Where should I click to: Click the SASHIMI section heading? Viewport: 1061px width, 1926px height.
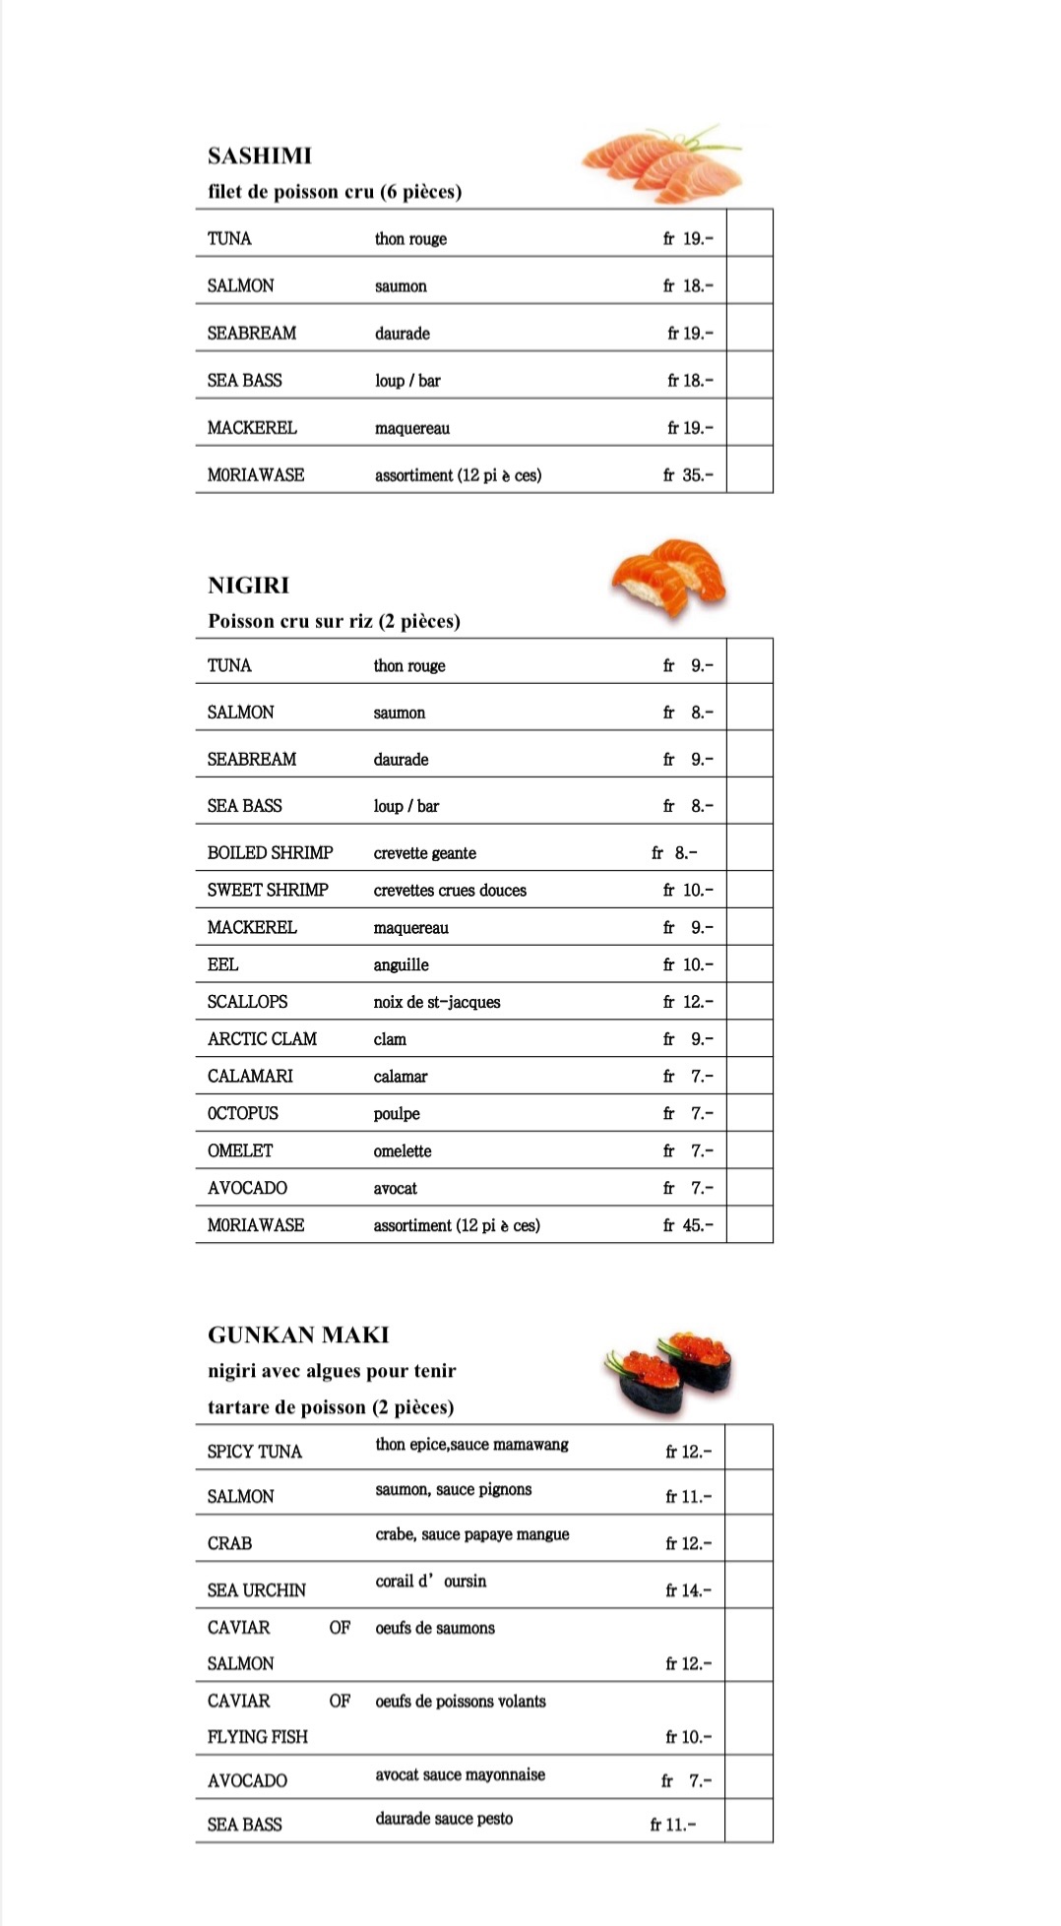pyautogui.click(x=260, y=155)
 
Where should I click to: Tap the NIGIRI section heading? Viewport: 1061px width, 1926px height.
pyautogui.click(x=248, y=586)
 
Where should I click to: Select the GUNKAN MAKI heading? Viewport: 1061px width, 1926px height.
pyautogui.click(x=298, y=1336)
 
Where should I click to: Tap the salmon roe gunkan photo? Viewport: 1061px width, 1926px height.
pyautogui.click(x=668, y=1371)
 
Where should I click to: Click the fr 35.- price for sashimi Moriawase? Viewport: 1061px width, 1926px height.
pyautogui.click(x=688, y=475)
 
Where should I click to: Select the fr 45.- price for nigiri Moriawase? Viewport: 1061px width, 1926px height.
pyautogui.click(x=688, y=1225)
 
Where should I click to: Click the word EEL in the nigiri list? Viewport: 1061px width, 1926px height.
pyautogui.click(x=223, y=965)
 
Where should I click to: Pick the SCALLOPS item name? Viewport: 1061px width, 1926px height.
pyautogui.click(x=248, y=1002)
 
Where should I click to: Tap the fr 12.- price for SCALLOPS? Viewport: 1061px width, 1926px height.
pyautogui.click(x=688, y=1002)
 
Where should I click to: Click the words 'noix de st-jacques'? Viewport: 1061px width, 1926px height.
pyautogui.click(x=437, y=1003)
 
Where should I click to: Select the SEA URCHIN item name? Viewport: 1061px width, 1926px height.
pyautogui.click(x=257, y=1590)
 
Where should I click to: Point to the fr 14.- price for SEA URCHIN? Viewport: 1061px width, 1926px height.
pyautogui.click(x=688, y=1590)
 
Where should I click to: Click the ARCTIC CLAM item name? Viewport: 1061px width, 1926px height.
pyautogui.click(x=262, y=1039)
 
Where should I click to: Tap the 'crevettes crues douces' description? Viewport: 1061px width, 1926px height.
pyautogui.click(x=450, y=891)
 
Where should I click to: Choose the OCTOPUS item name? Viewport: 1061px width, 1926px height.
pyautogui.click(x=243, y=1114)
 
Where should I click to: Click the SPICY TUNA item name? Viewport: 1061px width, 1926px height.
pyautogui.click(x=255, y=1452)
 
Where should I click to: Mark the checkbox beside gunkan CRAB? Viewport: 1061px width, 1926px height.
pyautogui.click(x=749, y=1538)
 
